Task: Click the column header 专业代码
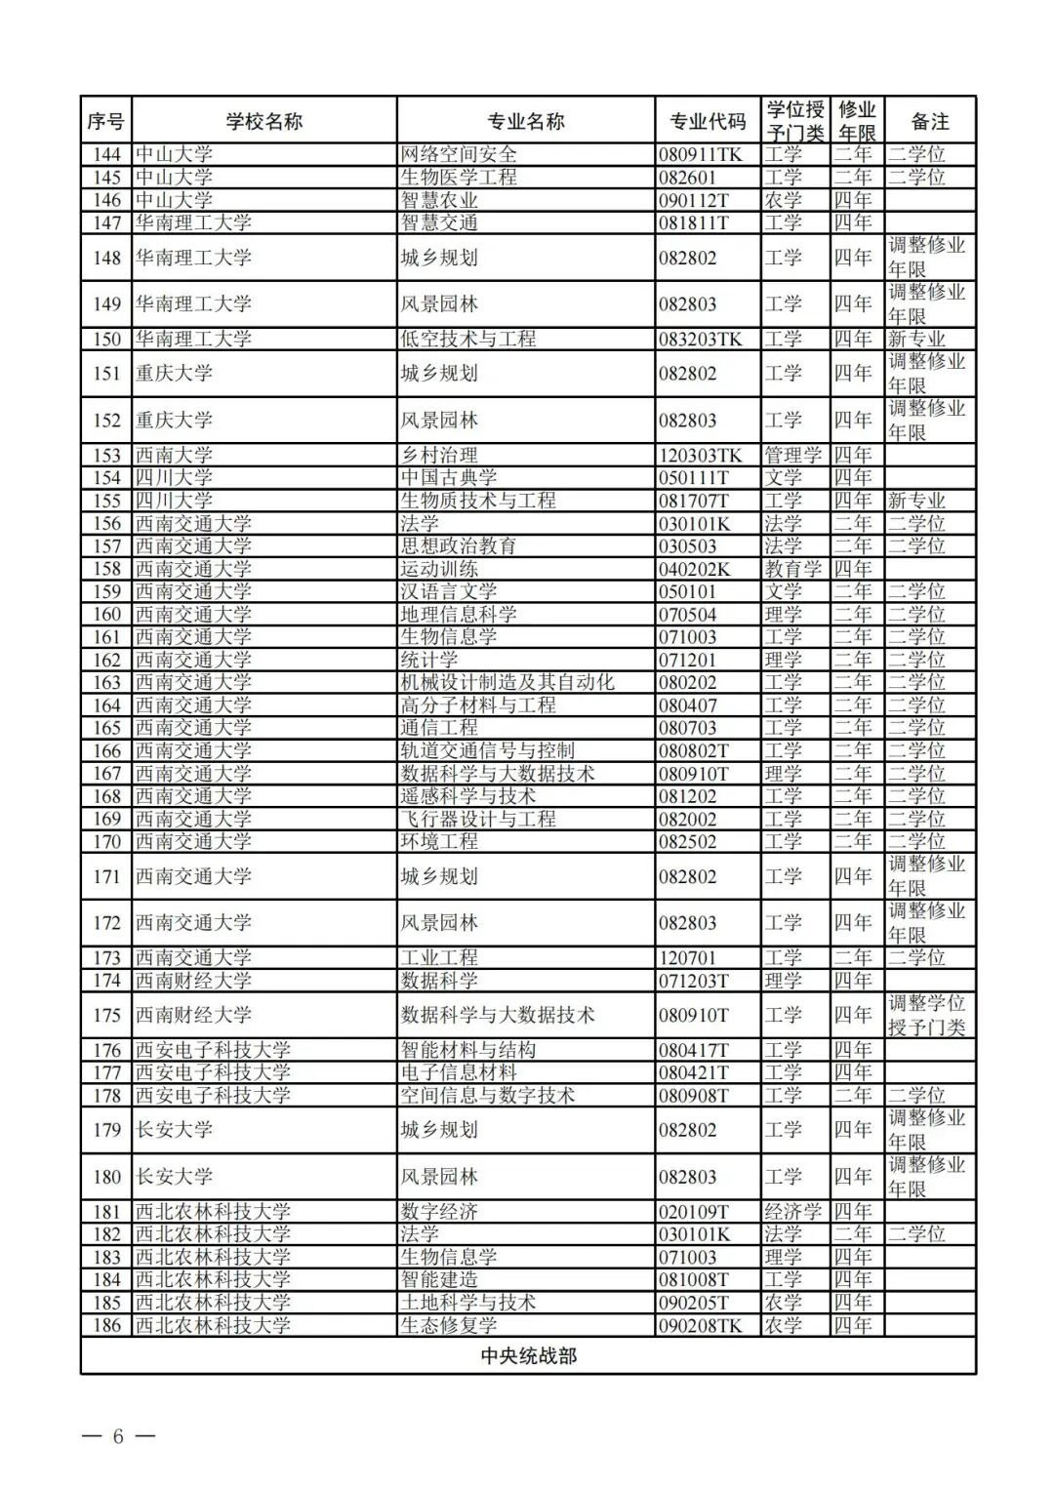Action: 708,121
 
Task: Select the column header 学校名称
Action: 263,121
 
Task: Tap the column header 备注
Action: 930,121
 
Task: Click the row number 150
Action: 106,340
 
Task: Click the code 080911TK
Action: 700,154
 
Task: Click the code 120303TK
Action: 700,456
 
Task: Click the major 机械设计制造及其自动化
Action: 507,683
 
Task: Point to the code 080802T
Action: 693,751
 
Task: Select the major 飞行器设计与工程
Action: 478,820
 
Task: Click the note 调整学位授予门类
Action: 926,1015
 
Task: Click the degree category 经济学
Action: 792,1212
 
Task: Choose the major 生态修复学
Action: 449,1326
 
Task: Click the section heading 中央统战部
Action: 528,1356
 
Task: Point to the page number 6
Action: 118,1436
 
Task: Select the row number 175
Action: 106,1016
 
